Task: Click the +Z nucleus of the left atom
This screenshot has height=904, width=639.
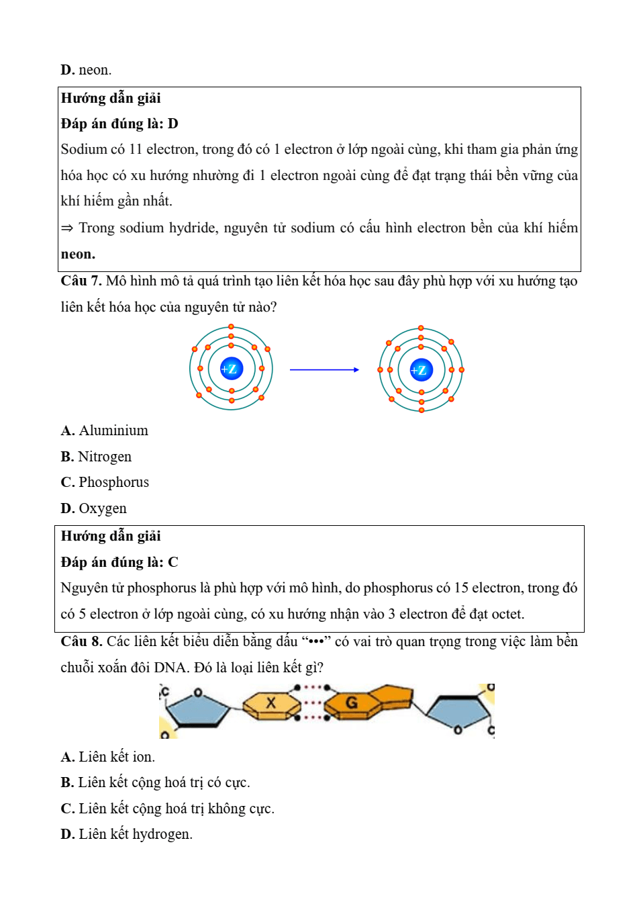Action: click(231, 369)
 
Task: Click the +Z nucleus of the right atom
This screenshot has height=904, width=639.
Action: click(421, 370)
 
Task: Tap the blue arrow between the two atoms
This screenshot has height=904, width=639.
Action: click(324, 369)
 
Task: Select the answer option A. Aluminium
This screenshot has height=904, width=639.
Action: click(105, 431)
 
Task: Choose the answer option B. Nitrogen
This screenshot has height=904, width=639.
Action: click(96, 457)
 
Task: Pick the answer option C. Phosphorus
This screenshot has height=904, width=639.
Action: click(105, 482)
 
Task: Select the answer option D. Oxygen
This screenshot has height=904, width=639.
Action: click(93, 508)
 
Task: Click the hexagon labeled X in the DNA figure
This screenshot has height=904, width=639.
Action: click(271, 703)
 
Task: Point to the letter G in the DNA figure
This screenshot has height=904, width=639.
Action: click(351, 703)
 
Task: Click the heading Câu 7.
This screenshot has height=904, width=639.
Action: click(81, 281)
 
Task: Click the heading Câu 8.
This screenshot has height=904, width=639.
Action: click(81, 641)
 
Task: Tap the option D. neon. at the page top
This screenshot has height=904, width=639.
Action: click(86, 70)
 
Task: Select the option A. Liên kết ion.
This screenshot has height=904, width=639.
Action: click(107, 757)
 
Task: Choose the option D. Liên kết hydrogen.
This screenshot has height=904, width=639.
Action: click(126, 834)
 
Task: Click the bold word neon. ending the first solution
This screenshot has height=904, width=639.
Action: click(78, 254)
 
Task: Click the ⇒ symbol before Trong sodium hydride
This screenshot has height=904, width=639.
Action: click(67, 228)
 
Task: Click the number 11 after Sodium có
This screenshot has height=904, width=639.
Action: click(136, 149)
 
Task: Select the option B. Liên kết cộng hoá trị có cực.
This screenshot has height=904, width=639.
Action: click(155, 782)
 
